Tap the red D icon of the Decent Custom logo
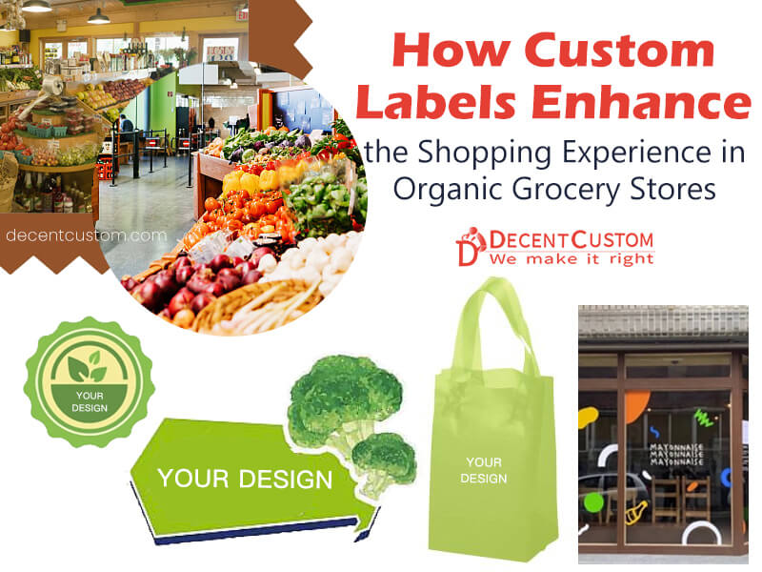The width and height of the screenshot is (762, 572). click(x=471, y=246)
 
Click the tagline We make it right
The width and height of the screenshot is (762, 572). click(x=572, y=258)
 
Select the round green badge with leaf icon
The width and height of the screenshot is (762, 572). click(x=89, y=381)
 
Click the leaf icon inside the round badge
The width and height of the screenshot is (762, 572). click(x=89, y=365)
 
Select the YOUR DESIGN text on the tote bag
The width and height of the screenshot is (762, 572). click(x=483, y=470)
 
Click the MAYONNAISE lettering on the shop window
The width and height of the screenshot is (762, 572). click(x=677, y=454)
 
